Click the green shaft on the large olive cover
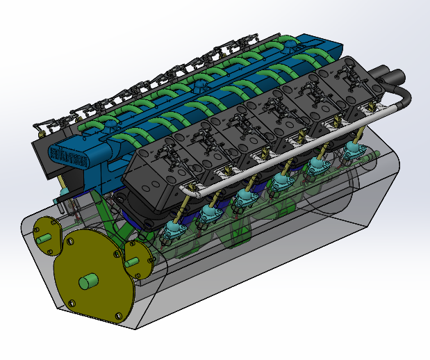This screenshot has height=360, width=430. point(89,281)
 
